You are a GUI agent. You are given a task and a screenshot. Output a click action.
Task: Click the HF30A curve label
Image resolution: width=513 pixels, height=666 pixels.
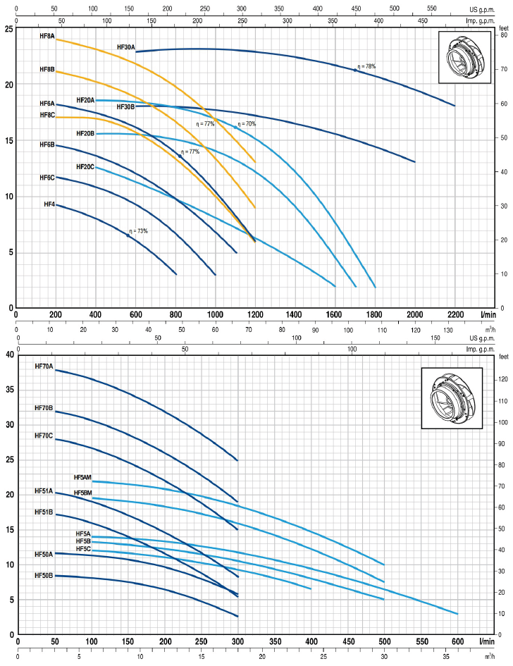click(x=125, y=47)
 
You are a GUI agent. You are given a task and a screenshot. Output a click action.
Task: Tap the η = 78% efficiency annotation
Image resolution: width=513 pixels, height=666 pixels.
click(x=366, y=66)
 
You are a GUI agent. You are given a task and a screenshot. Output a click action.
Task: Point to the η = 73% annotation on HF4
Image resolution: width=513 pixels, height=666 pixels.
click(x=139, y=230)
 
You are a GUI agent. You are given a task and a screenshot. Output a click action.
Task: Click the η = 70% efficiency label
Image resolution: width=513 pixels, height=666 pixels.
click(x=247, y=124)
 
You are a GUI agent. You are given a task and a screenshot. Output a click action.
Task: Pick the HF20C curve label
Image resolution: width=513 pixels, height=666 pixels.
click(x=85, y=167)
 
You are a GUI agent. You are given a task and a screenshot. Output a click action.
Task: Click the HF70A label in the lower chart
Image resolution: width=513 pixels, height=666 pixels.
click(x=44, y=366)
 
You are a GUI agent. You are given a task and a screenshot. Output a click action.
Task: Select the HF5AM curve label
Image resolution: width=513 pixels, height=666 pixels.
click(x=82, y=477)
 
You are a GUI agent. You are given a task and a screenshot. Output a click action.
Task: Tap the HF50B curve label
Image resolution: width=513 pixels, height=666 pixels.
click(x=44, y=596)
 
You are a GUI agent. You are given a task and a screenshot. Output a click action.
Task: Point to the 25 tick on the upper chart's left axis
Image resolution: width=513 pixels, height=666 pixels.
click(x=8, y=29)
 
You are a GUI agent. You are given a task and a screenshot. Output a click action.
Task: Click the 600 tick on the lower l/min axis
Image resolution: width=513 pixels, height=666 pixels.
click(x=457, y=641)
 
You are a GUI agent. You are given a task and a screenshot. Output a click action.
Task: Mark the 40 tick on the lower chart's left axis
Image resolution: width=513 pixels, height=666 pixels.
click(x=8, y=354)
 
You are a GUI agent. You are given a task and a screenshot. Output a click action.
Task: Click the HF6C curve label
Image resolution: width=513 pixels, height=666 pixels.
click(x=47, y=178)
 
